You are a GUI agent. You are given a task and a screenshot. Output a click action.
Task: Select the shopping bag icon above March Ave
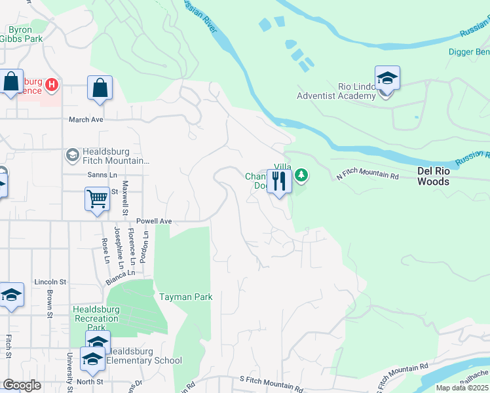tap(100, 88)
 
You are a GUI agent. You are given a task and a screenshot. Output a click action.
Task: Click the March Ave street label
tap(86, 120)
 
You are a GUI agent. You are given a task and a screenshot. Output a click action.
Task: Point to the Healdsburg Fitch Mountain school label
tap(109, 156)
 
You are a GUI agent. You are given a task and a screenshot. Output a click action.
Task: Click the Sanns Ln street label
tap(102, 175)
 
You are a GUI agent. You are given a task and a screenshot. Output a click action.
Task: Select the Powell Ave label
tap(154, 221)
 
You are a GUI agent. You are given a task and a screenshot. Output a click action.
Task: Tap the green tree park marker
tap(301, 175)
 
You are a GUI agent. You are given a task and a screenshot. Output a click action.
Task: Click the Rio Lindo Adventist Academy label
tap(337, 91)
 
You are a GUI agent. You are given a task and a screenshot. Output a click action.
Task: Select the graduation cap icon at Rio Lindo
tap(387, 77)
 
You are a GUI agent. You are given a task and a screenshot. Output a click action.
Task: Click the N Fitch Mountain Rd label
tap(367, 176)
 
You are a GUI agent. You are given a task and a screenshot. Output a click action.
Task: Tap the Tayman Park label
tap(186, 297)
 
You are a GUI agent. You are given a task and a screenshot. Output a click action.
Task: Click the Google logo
tap(22, 386)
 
